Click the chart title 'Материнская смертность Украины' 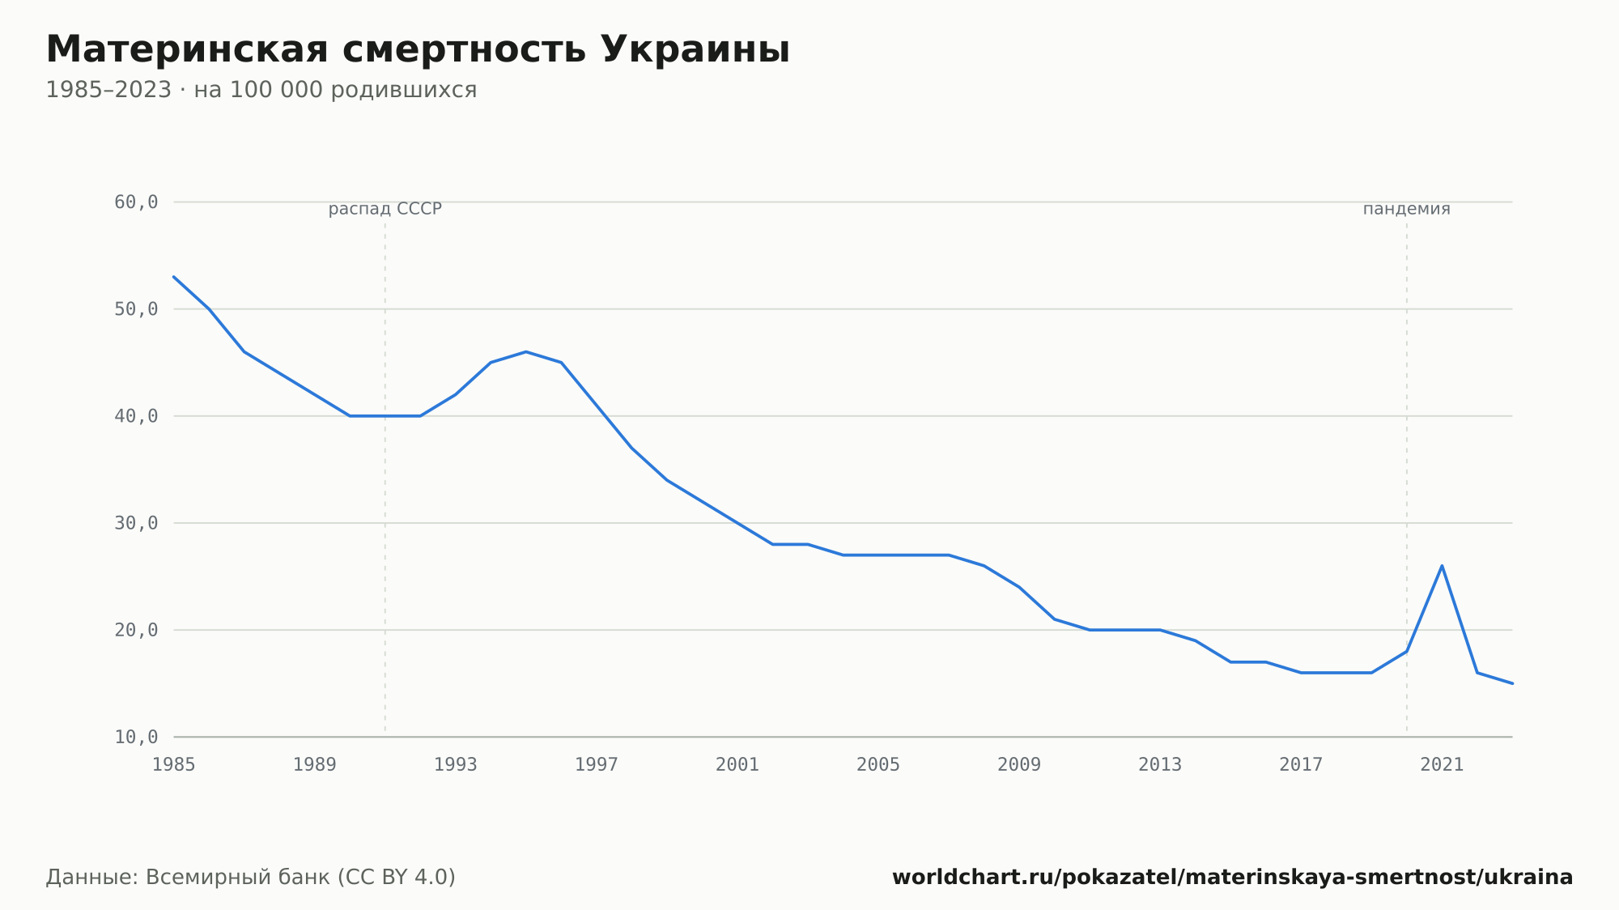[x=418, y=50]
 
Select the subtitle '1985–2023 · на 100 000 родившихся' [x=261, y=90]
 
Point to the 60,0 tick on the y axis [x=136, y=202]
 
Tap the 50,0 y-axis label [x=136, y=309]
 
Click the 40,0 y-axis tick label [x=136, y=416]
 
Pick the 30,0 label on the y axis [x=136, y=523]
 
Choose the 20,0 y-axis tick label [x=136, y=630]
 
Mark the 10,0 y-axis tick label [x=136, y=737]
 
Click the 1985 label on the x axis [x=174, y=765]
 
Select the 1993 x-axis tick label [x=456, y=765]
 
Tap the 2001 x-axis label [x=737, y=765]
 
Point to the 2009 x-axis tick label [x=1019, y=765]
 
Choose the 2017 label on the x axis [x=1301, y=765]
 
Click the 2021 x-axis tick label [x=1442, y=765]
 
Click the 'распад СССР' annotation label [x=385, y=210]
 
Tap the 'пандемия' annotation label [x=1407, y=209]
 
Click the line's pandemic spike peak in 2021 [x=1442, y=566]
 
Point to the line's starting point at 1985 [x=174, y=277]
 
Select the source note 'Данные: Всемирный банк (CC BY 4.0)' [x=251, y=878]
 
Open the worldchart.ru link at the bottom [x=1233, y=878]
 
